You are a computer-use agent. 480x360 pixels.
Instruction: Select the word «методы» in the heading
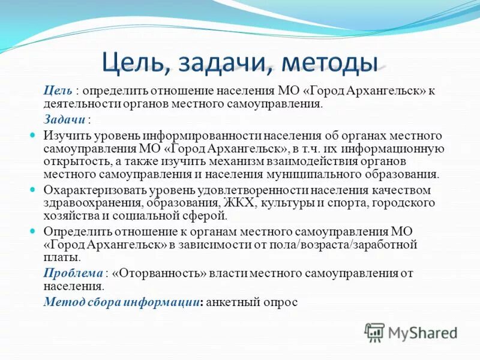(331, 61)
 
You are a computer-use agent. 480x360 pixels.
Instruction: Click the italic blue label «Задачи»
(65, 119)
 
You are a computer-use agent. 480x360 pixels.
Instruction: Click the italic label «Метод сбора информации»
(121, 302)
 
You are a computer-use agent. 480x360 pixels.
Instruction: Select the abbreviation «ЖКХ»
(239, 203)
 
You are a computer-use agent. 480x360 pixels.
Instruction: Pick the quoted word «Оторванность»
(159, 274)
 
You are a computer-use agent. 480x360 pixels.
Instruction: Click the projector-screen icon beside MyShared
(374, 332)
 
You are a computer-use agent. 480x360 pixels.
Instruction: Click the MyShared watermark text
(423, 332)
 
